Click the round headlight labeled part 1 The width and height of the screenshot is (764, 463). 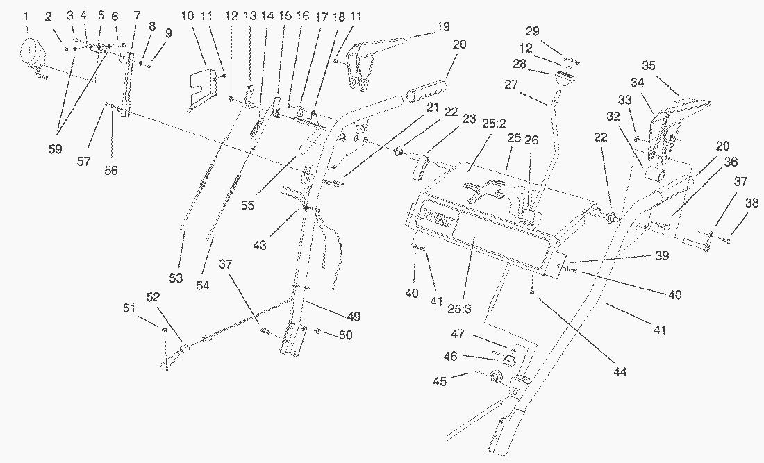tap(32, 53)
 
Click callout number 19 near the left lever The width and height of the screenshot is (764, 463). tap(443, 27)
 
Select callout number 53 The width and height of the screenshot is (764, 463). tap(176, 278)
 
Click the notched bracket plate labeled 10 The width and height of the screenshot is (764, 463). tap(202, 83)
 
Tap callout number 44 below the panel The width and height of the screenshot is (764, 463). tap(620, 373)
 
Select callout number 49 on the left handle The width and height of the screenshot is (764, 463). tap(355, 316)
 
